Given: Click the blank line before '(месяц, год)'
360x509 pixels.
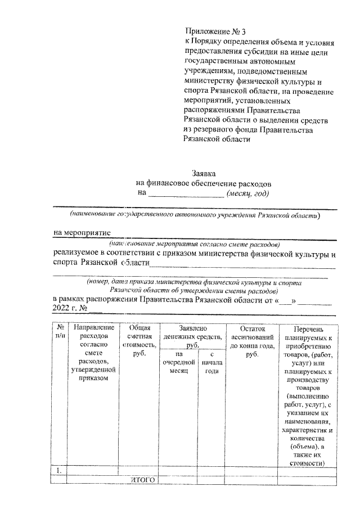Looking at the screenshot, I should [186, 195].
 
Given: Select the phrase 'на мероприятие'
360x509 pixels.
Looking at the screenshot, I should [82, 232].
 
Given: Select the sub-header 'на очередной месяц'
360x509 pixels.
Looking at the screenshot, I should [178, 363].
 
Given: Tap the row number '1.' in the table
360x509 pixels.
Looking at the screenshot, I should [59, 470].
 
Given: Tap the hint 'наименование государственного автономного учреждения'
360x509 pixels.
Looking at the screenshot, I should [194, 215].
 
